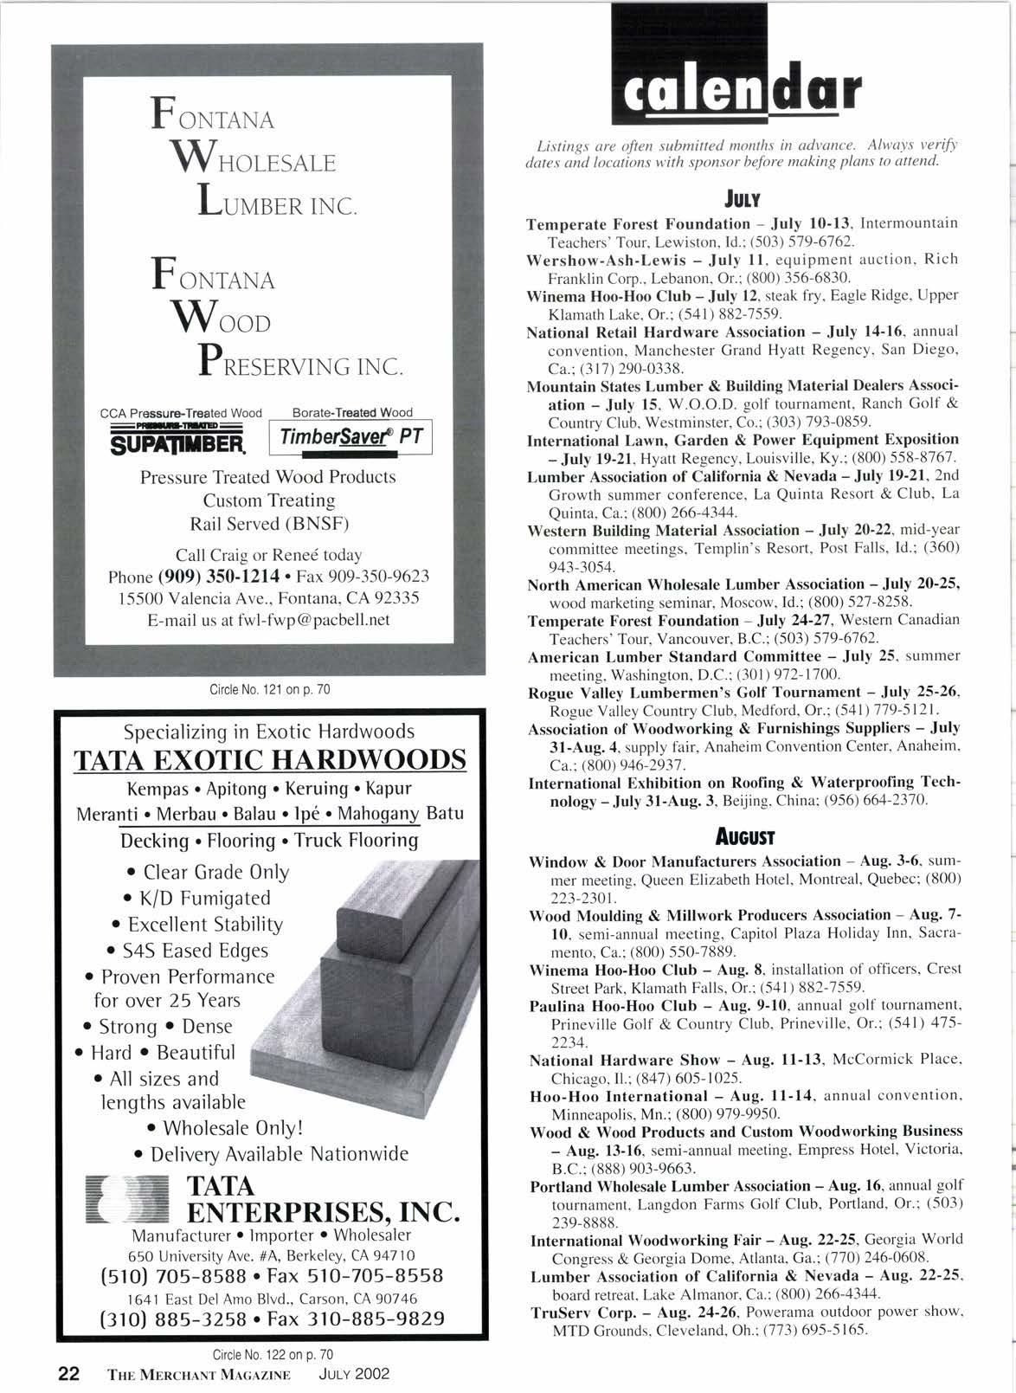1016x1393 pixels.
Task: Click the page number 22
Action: click(x=68, y=1373)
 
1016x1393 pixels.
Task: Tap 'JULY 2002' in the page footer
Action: click(x=354, y=1374)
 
